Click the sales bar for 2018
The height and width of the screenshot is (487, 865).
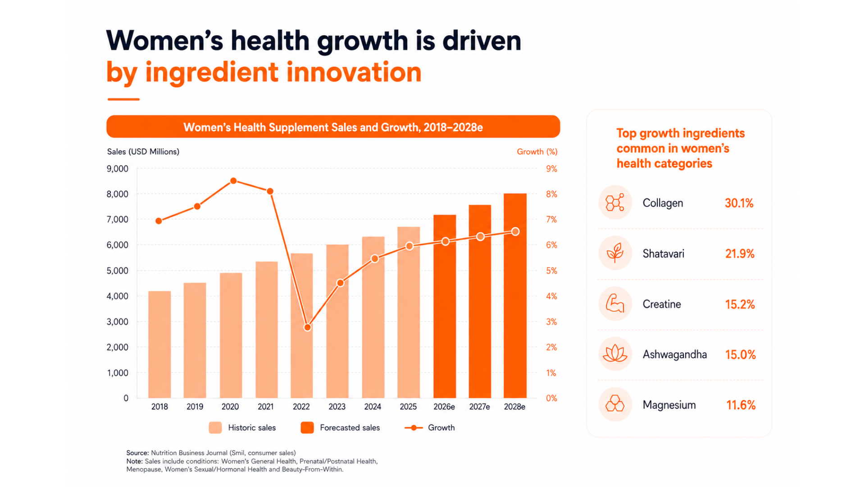(159, 345)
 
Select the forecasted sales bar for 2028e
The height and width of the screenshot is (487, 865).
(515, 296)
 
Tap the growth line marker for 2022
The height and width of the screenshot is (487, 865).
(307, 327)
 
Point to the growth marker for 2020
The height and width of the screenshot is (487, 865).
(233, 181)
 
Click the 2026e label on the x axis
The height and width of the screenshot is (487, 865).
(444, 407)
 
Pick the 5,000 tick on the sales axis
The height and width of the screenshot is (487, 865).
(118, 271)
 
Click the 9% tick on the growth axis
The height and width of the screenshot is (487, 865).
(552, 169)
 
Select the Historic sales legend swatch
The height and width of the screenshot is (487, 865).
(215, 427)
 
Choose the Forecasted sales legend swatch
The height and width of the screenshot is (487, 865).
(307, 427)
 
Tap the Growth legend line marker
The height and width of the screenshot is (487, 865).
(414, 427)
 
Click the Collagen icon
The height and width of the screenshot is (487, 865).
(615, 202)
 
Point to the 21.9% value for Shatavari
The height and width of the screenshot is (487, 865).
(740, 253)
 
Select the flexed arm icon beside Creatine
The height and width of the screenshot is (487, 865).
(615, 303)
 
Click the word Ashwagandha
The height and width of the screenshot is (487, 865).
(675, 354)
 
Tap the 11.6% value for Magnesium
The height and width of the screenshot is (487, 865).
(741, 405)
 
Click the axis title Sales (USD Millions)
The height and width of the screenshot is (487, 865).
(143, 152)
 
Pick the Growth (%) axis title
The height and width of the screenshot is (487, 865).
(537, 152)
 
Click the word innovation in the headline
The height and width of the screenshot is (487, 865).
(354, 72)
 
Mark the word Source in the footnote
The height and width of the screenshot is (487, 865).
(137, 453)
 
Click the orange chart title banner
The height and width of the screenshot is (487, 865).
(333, 127)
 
